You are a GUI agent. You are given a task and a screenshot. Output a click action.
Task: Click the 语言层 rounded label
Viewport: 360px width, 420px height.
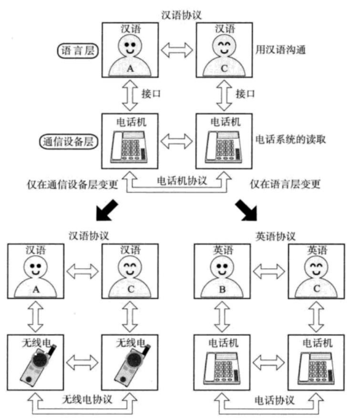(x=79, y=51)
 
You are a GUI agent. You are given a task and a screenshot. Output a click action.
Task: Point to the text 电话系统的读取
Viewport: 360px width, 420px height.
(x=290, y=140)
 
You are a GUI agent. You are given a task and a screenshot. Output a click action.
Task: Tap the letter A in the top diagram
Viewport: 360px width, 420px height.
(x=130, y=68)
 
